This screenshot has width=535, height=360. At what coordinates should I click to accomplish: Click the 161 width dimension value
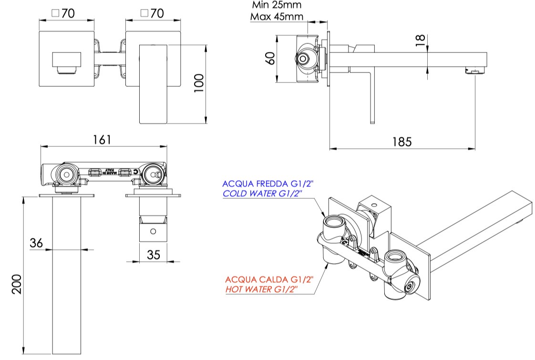click(102, 139)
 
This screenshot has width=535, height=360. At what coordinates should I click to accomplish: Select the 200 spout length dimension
click(17, 284)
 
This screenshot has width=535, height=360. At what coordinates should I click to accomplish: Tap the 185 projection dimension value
click(401, 142)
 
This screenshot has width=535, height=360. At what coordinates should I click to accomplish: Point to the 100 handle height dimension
click(199, 84)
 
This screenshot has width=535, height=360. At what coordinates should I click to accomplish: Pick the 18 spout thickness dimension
click(420, 40)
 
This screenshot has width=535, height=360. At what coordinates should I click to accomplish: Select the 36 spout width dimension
click(36, 243)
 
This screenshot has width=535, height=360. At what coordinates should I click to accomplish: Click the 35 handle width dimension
click(153, 255)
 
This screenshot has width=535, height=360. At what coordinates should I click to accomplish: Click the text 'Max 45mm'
click(277, 17)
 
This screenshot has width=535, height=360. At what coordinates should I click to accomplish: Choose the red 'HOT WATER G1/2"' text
click(262, 289)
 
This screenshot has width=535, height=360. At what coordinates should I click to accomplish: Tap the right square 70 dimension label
click(151, 13)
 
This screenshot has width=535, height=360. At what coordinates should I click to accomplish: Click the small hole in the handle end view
click(153, 231)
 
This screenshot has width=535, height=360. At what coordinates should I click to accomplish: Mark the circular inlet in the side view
click(302, 59)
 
